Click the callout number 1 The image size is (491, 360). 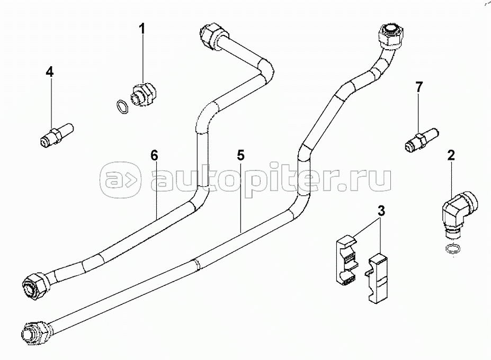pyautogui.click(x=142, y=29)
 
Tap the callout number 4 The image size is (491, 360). pyautogui.click(x=49, y=72)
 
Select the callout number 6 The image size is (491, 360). pyautogui.click(x=154, y=156)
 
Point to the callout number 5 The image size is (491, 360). pyautogui.click(x=241, y=156)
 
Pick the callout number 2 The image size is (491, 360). pyautogui.click(x=451, y=156)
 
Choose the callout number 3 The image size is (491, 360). pyautogui.click(x=381, y=211)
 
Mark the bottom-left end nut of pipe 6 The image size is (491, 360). pyautogui.click(x=33, y=285)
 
